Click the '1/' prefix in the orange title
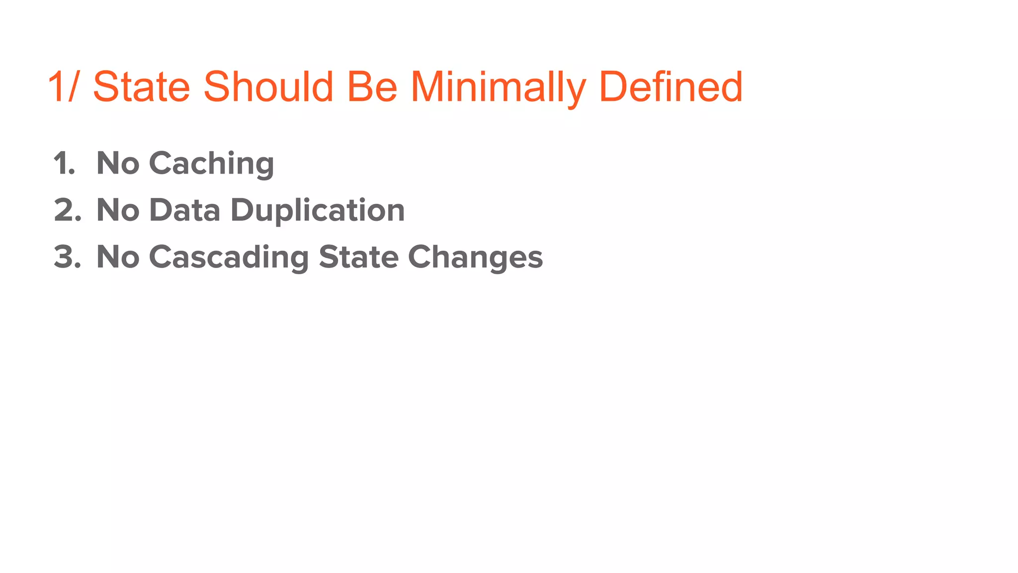pyautogui.click(x=64, y=87)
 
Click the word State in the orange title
pyautogui.click(x=142, y=87)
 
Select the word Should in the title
pyautogui.click(x=268, y=87)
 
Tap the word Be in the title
pyautogui.click(x=372, y=87)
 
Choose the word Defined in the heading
pyautogui.click(x=671, y=87)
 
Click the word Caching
pyautogui.click(x=211, y=164)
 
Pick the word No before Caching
pyautogui.click(x=118, y=164)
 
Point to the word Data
pyautogui.click(x=184, y=210)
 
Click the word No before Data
pyautogui.click(x=118, y=210)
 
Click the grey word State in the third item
pyautogui.click(x=358, y=257)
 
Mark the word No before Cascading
pyautogui.click(x=118, y=257)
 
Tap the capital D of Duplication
pyautogui.click(x=242, y=210)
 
